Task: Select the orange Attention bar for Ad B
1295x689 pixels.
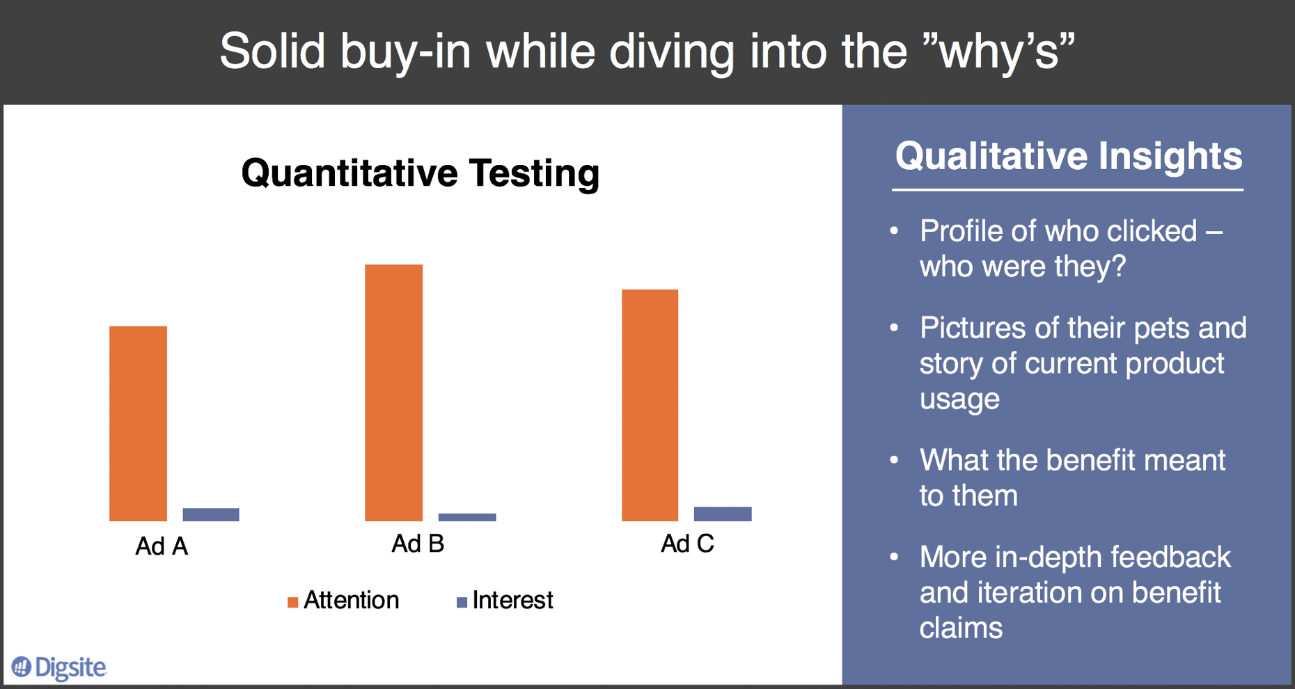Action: coord(393,393)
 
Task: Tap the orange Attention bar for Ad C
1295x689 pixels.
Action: coord(650,405)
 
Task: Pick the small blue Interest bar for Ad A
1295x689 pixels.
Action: coord(211,514)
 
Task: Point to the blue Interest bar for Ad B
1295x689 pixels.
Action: coord(467,517)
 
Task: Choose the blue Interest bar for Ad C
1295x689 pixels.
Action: coord(723,514)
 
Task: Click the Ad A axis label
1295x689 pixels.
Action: coord(162,546)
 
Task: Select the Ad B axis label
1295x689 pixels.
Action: coord(418,544)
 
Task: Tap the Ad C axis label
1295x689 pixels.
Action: coord(687,544)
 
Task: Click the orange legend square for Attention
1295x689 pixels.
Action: coord(293,602)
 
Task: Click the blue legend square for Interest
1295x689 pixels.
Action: coord(462,602)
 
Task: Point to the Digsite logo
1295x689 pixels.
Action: coord(59,667)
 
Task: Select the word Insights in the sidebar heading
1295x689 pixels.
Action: coord(1170,156)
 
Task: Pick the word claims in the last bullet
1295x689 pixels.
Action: coord(961,628)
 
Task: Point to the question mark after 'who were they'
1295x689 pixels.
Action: coord(1118,267)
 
